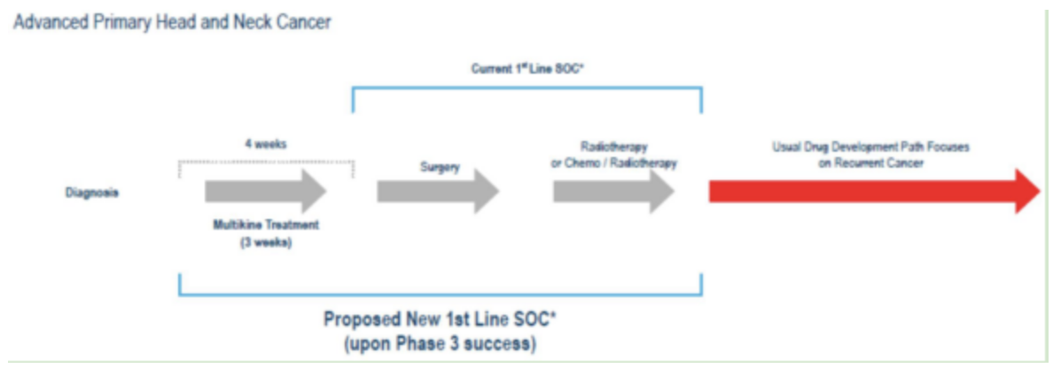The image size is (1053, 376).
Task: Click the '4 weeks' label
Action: pos(264,145)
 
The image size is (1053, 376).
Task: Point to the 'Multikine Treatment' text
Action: pos(266,225)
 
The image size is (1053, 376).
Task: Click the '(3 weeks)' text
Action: pos(266,242)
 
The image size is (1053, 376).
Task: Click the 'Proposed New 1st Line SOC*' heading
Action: pos(440,320)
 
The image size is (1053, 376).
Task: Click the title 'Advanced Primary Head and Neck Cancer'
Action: pos(172,23)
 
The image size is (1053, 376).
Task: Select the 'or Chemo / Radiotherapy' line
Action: pos(614,163)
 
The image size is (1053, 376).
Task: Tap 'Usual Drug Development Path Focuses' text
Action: pos(870,147)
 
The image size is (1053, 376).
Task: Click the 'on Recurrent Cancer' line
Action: pos(870,163)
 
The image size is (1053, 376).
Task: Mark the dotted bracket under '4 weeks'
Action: pos(266,162)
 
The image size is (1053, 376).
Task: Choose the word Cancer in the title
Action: pos(304,23)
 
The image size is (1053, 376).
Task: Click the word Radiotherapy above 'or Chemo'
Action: pos(614,147)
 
